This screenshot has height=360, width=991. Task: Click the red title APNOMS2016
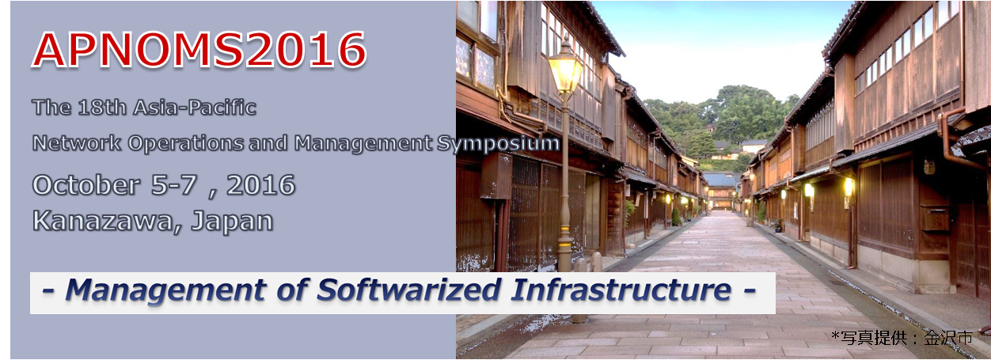199,50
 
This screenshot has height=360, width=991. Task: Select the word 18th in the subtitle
102,108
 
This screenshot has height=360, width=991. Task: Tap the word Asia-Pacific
195,108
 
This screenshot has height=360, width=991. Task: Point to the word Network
77,143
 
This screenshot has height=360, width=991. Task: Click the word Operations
186,144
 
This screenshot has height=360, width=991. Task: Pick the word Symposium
498,144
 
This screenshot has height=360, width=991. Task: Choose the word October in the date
85,185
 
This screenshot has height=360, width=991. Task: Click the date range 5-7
174,185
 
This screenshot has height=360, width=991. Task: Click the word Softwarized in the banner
409,290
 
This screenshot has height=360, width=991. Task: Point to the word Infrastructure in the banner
621,290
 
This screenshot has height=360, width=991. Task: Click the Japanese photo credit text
902,338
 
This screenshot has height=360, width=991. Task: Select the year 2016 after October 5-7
260,185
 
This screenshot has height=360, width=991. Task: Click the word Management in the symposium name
363,144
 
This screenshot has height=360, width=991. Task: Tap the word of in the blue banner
292,290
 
